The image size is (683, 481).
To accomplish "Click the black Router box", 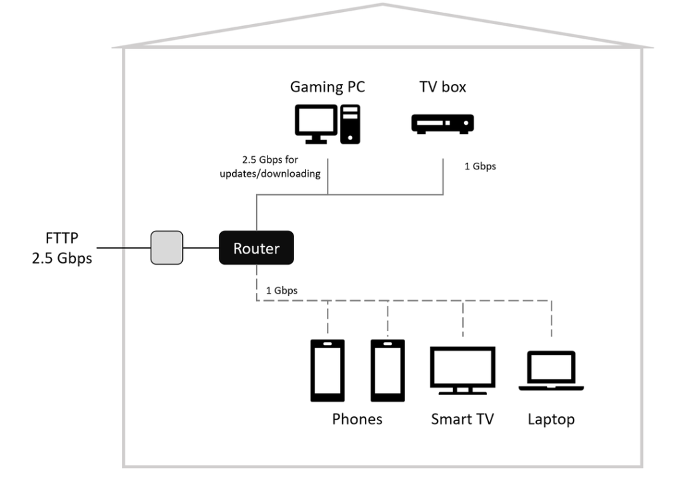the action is pos(256,248).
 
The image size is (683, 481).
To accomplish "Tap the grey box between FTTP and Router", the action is pos(167,248).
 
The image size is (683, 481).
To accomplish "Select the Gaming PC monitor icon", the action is pos(316,124).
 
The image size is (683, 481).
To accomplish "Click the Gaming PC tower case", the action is pos(350,124).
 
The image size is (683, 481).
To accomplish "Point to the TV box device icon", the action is pos(443,123).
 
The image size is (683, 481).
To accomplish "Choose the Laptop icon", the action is pos(551,371).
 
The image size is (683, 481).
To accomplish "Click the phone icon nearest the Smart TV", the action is pos(388,371).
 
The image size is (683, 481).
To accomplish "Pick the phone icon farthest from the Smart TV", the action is pos(327,371).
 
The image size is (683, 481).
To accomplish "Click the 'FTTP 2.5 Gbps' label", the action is pos(62,248).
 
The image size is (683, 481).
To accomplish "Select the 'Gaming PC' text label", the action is pos(327,87).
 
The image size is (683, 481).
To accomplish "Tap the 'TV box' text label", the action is pos(443,87).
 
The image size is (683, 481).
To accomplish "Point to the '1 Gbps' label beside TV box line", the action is pos(480,166).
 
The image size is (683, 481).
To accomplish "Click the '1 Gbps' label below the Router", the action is pos(282,290).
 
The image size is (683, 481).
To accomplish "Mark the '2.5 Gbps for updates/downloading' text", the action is pos(270,166).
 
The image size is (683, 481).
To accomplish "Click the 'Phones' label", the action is pos(358,419).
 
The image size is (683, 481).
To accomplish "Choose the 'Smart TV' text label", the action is pos(463,419).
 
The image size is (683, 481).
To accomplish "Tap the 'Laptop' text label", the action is pos(551,419).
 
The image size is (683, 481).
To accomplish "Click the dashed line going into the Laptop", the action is pos(552,318).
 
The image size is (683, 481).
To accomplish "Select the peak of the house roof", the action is pos(382,5).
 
